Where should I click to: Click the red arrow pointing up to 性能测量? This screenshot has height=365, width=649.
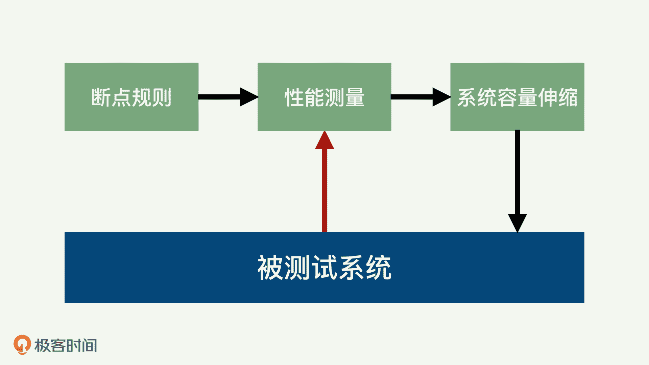324,189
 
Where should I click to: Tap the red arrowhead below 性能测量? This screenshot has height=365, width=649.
324,141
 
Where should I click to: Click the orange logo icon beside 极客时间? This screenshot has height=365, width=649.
22,345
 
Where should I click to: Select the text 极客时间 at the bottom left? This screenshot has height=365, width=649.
66,345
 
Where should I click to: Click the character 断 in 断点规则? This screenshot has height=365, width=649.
101,97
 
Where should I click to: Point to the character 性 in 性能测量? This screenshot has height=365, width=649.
294,97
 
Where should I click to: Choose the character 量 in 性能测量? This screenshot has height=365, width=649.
355,97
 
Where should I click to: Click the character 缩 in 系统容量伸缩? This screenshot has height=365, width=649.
568,97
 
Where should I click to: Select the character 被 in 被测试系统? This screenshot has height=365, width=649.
270,267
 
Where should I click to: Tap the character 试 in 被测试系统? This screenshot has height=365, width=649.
324,267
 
